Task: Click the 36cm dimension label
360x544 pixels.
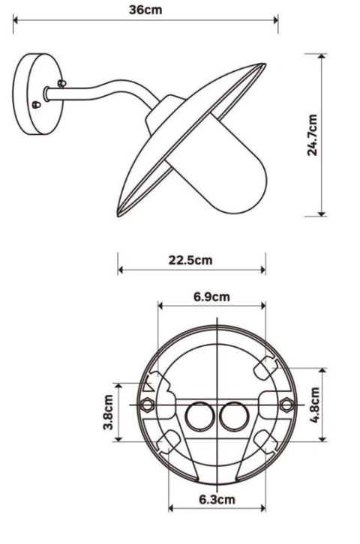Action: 145,10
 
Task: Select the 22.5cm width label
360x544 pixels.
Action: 190,260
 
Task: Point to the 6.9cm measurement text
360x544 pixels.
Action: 211,296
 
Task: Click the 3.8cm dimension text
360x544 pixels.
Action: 109,412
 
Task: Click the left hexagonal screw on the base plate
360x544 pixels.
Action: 147,405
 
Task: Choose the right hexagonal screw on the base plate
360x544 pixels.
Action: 285,405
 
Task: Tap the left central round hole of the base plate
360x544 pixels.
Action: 199,416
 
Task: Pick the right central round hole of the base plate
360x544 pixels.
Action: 233,416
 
